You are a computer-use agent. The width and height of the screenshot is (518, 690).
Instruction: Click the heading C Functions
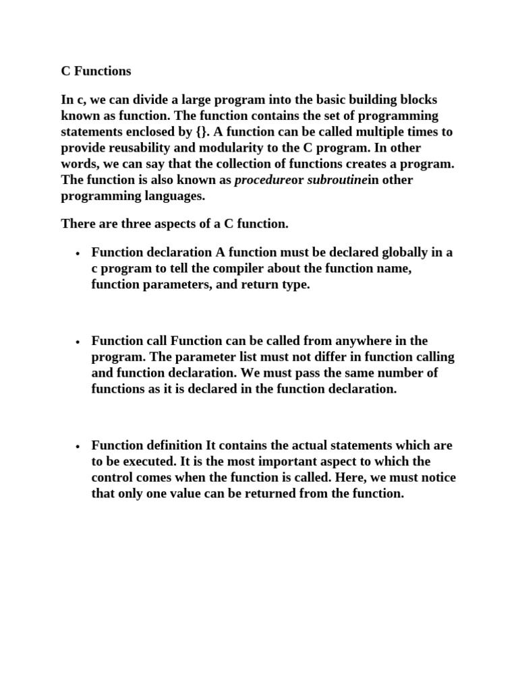pyautogui.click(x=96, y=71)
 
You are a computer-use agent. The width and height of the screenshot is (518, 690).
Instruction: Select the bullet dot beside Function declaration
pyautogui.click(x=78, y=254)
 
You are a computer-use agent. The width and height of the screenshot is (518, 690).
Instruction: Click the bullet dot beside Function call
pyautogui.click(x=78, y=342)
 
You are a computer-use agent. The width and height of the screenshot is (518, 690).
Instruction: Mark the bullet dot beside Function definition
pyautogui.click(x=78, y=447)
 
